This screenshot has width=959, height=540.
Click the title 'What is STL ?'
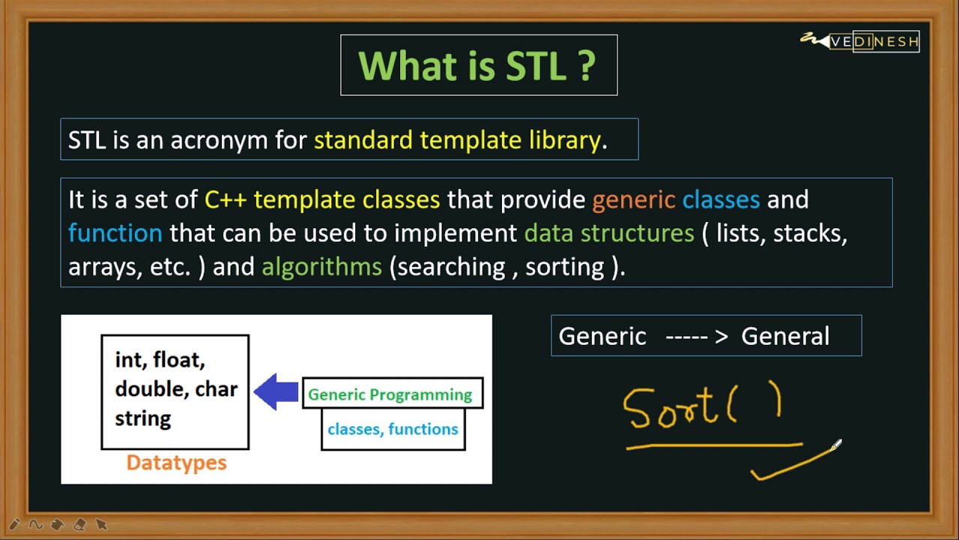[x=477, y=65]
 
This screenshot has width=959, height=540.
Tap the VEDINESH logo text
[x=874, y=41]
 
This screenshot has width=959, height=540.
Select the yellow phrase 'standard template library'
[x=457, y=139]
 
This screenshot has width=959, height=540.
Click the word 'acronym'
[x=220, y=141]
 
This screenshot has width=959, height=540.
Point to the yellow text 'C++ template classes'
[x=322, y=199]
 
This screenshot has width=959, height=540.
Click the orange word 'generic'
[x=634, y=200]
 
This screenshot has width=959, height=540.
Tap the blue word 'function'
[x=115, y=232]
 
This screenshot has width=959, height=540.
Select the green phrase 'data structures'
[x=609, y=232]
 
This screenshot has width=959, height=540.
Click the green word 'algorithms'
[x=321, y=267]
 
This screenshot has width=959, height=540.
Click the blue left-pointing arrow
[x=276, y=391]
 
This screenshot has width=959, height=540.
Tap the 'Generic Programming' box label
[x=390, y=394]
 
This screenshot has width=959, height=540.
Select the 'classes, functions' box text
[x=393, y=429]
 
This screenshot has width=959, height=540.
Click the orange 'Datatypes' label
[x=176, y=463]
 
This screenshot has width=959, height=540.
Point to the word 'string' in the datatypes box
[x=143, y=418]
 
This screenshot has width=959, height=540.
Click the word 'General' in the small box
[x=785, y=336]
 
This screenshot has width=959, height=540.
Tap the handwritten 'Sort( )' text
[x=702, y=405]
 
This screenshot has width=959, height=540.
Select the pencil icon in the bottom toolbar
[x=14, y=524]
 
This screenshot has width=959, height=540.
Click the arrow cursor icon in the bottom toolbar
[x=101, y=524]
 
